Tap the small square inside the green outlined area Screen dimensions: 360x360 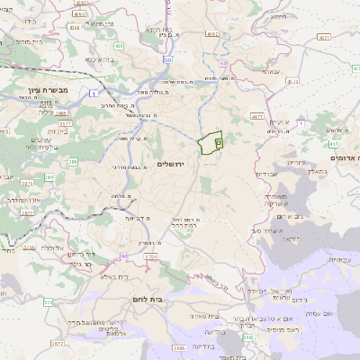[x=219, y=142]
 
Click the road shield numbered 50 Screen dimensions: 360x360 [x=167, y=59]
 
